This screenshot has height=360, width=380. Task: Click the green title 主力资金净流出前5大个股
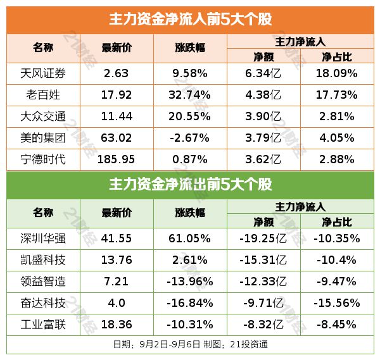190,185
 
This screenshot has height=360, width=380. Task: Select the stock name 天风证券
43,73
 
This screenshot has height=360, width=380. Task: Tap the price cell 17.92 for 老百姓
117,95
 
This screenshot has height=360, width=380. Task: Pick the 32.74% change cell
191,95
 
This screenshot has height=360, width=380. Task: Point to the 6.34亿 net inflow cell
263,73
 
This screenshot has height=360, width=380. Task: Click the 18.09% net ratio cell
337,73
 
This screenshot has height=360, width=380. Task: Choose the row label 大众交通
43,116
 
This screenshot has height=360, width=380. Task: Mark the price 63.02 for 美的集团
117,137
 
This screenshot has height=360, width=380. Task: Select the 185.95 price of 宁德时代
117,159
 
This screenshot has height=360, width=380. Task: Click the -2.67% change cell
191,137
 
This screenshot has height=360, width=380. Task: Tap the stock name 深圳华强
43,239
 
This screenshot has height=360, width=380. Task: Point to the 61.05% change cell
191,239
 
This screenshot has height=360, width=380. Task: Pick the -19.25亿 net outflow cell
263,239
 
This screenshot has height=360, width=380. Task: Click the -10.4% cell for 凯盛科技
337,260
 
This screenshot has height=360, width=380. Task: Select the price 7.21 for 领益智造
117,282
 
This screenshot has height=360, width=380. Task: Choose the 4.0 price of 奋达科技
117,303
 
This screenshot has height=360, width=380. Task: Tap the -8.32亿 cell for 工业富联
263,325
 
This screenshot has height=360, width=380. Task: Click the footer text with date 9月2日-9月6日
190,344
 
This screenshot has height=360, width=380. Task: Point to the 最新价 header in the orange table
117,48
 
